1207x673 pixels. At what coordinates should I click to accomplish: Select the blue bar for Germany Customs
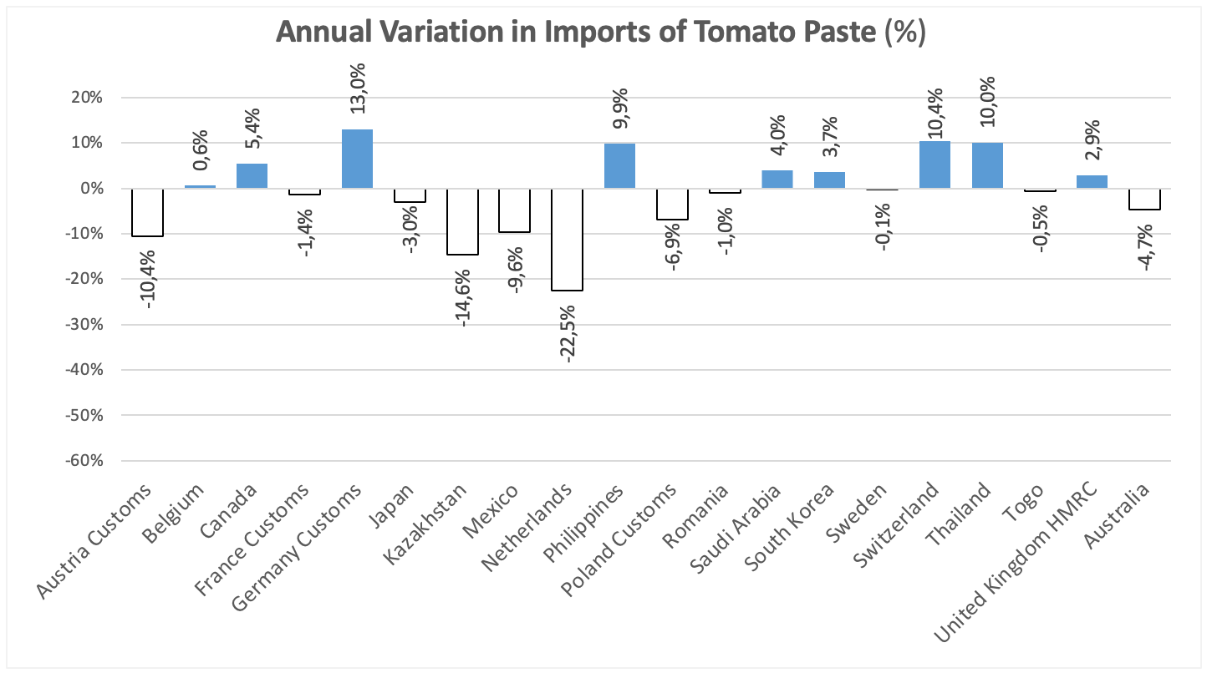pos(357,159)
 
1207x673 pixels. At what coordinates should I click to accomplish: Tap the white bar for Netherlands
pos(567,240)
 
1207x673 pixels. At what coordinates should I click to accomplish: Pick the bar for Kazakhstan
pos(462,221)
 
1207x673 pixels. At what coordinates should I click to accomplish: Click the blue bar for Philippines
pos(619,166)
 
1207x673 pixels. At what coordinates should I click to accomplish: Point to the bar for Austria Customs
pos(147,212)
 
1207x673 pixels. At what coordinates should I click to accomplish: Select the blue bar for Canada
pos(252,176)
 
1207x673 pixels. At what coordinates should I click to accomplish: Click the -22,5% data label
pos(568,334)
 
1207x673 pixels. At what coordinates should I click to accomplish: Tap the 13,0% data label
pos(357,89)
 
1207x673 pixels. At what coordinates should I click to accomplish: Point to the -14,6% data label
pos(463,298)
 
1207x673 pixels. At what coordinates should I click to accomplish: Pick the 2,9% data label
pos(1092,140)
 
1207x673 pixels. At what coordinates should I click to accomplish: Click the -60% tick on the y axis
pos(84,461)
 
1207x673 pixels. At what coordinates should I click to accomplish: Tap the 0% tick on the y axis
pos(92,189)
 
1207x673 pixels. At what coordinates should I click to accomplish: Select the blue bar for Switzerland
pos(935,164)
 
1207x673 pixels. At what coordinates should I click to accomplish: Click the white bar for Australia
pos(1145,200)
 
